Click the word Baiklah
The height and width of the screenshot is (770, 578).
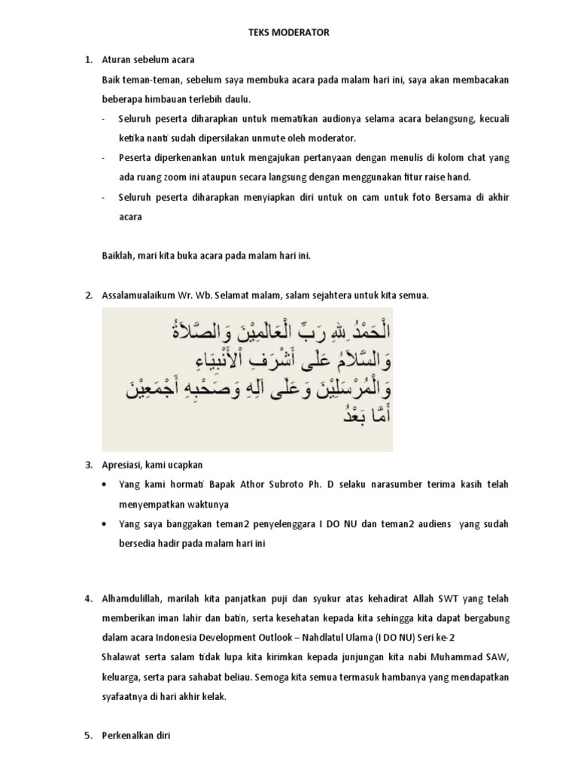pos(119,256)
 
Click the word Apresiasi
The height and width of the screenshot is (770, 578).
pos(123,464)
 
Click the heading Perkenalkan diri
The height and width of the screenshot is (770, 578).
pos(136,736)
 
